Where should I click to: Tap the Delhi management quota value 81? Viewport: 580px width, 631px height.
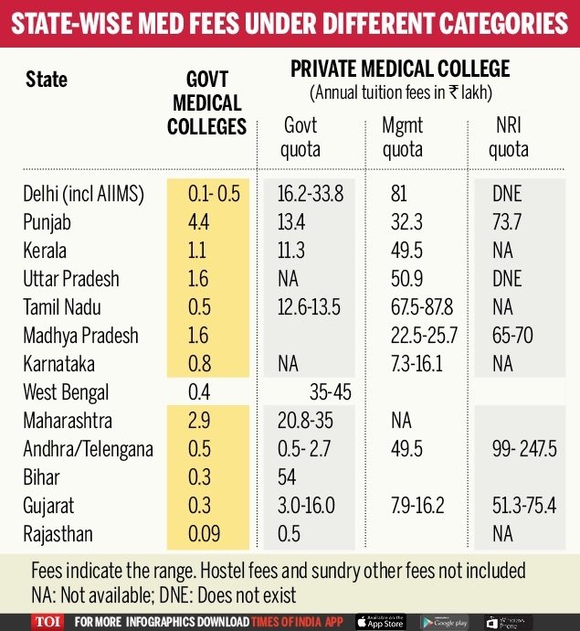click(397, 193)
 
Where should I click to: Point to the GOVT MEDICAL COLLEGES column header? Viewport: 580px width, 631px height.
click(206, 103)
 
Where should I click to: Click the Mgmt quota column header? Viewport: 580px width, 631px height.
click(403, 137)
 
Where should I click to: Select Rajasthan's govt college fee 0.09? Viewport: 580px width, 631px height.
click(198, 533)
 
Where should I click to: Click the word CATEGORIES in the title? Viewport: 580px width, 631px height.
click(482, 22)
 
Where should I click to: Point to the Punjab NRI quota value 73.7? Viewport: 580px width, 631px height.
click(507, 221)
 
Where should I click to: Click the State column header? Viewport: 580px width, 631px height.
click(47, 79)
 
